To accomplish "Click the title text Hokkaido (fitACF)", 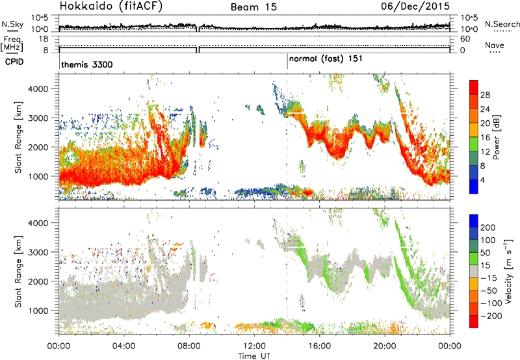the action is click(111, 6).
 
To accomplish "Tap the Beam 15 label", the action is click(253, 7).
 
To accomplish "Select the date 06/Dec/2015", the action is click(415, 6).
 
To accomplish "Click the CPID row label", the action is click(14, 62).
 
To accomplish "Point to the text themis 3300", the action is click(87, 64).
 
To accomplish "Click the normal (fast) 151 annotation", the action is click(326, 59).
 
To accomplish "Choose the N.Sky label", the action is click(12, 24).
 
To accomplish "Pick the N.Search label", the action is click(502, 24).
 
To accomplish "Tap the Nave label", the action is click(495, 45).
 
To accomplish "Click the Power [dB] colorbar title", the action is click(497, 137).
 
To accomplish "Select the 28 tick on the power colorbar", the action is click(485, 95).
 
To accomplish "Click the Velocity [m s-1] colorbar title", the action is click(508, 271).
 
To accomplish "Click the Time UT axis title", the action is click(254, 356).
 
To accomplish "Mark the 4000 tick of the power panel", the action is click(38, 89).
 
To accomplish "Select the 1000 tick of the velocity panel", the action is click(38, 311).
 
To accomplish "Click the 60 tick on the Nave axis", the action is click(465, 39).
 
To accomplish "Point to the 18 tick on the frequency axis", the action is click(44, 39).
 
